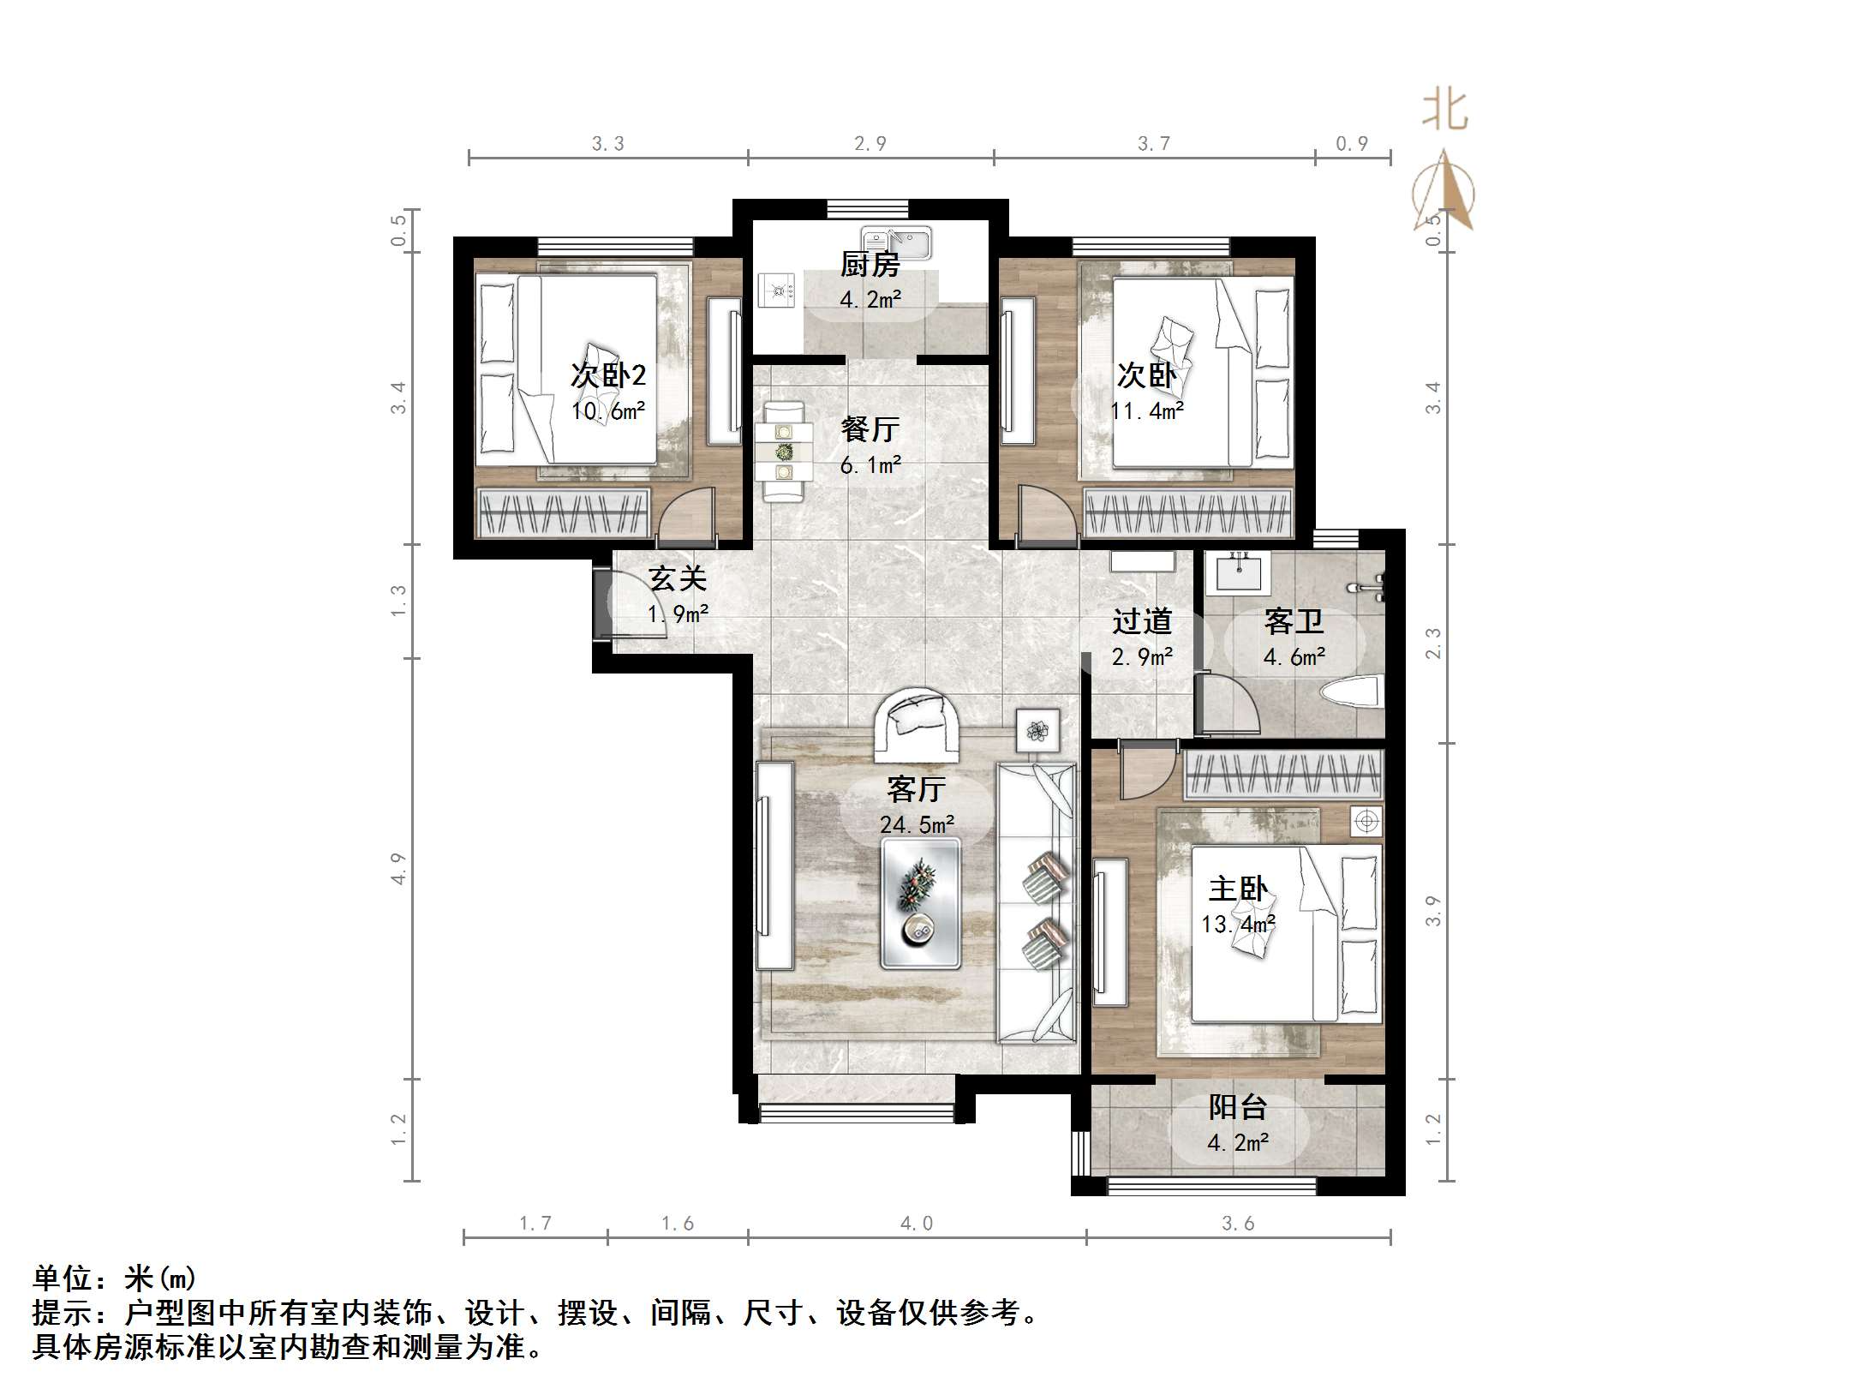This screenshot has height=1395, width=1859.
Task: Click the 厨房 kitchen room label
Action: [x=870, y=265]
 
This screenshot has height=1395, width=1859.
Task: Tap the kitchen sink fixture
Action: [x=896, y=242]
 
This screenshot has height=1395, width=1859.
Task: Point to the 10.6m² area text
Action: [x=608, y=411]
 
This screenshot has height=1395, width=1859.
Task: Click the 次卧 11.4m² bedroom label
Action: [x=1146, y=375]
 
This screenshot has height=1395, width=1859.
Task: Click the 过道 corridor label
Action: [x=1142, y=621]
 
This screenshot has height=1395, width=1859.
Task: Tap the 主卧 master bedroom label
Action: [x=1238, y=889]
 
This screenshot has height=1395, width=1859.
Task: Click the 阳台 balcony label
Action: [x=1238, y=1107]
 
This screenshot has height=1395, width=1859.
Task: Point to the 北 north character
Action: [x=1445, y=111]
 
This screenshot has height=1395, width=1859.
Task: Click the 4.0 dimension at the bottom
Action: [x=916, y=1224]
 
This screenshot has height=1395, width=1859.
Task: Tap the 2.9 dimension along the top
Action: [x=870, y=144]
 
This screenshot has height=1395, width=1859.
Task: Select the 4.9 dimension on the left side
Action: [x=399, y=868]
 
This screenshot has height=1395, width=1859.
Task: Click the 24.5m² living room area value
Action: [x=917, y=824]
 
